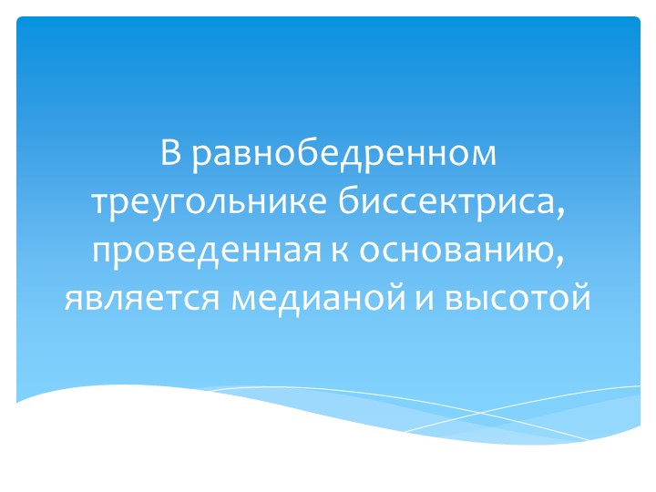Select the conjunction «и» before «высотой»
tap(423, 297)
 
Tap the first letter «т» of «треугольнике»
tap(99, 201)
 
